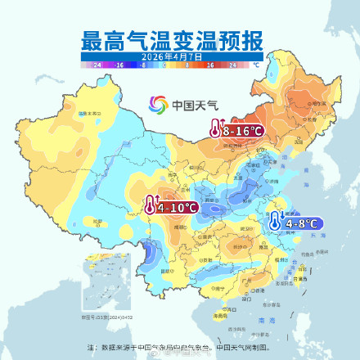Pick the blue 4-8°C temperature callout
tap(295, 222)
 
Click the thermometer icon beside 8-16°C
tap(215, 130)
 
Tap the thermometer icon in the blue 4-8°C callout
tap(275, 222)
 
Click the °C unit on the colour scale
tap(255, 64)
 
